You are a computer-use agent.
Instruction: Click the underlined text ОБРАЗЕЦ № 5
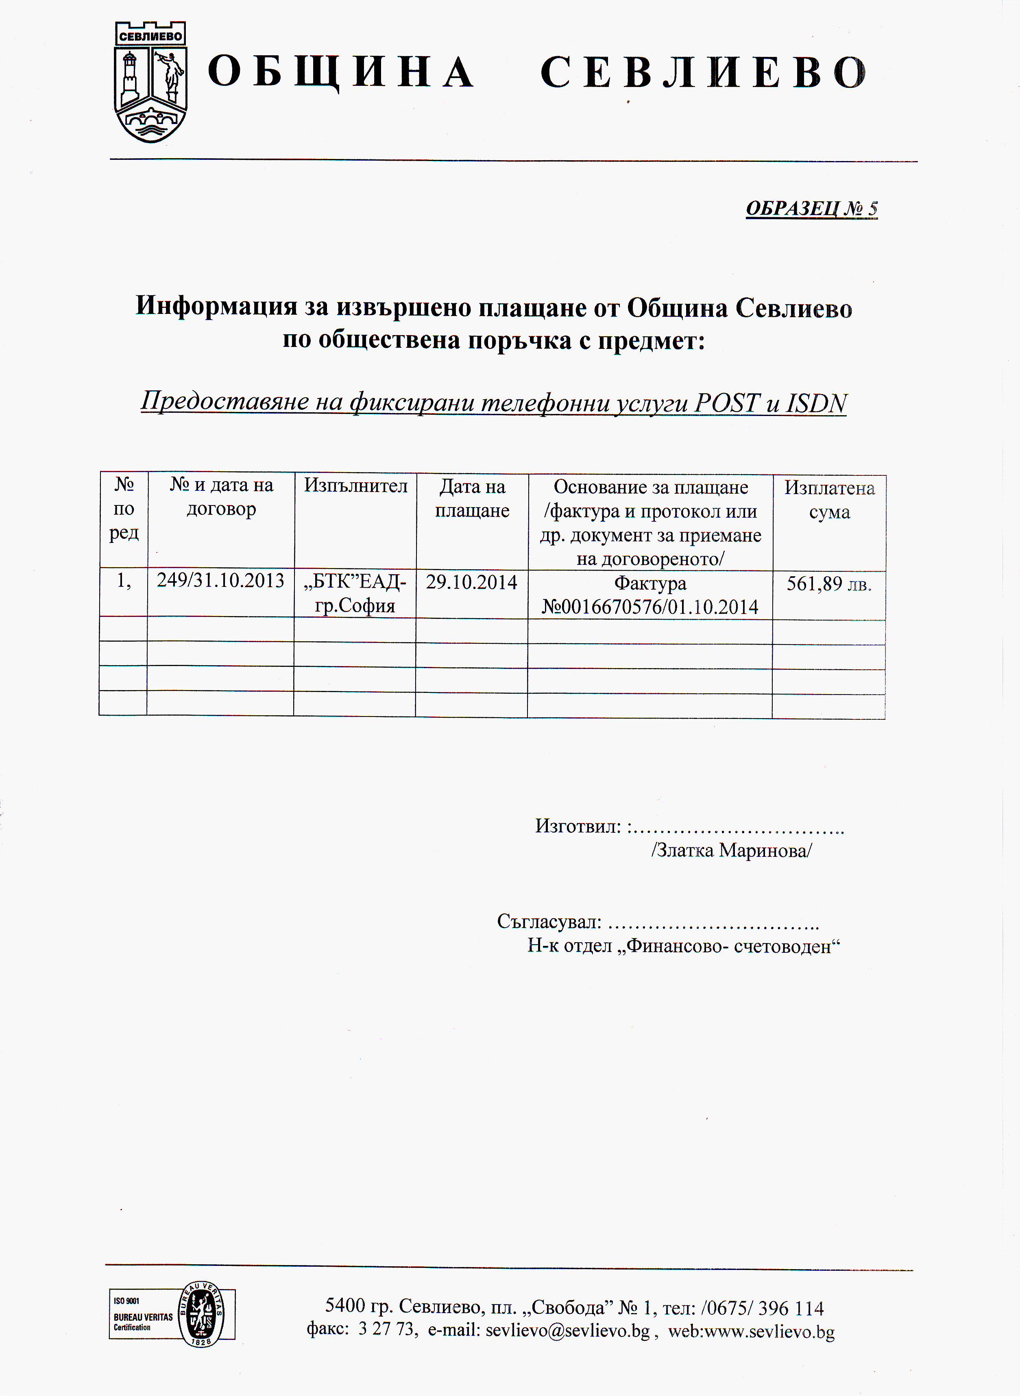point(811,209)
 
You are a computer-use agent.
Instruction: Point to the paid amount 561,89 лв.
point(828,584)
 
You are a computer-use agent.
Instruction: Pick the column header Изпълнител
point(355,486)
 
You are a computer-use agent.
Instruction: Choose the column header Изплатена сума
point(829,499)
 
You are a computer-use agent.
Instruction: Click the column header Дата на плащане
point(472,498)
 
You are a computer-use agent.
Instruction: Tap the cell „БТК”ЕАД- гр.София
point(355,593)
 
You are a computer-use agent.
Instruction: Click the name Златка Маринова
point(732,850)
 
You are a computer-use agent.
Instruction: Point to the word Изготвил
point(577,826)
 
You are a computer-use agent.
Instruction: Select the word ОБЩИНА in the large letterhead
point(341,73)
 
